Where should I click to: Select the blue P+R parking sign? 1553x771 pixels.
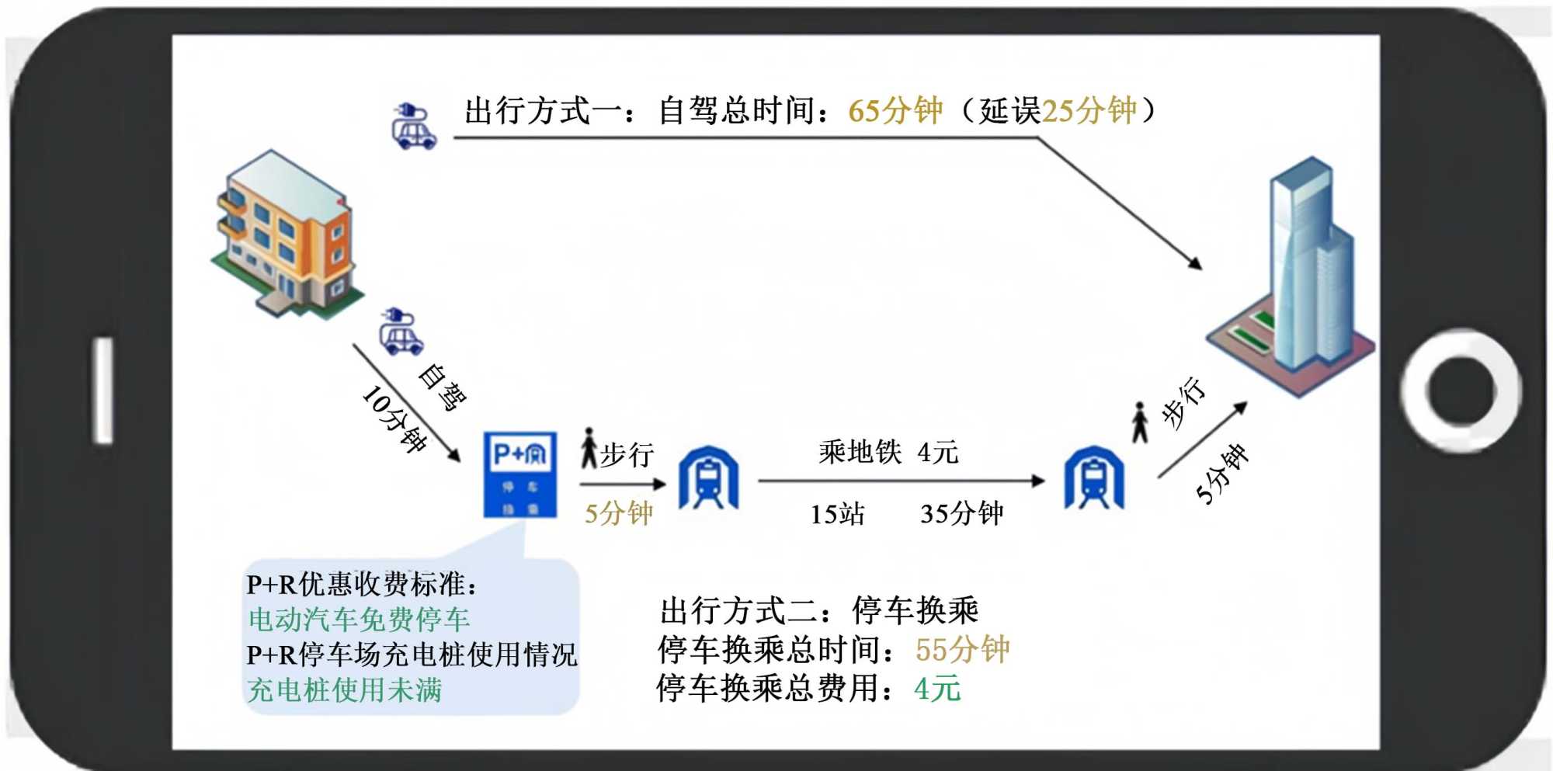(x=520, y=474)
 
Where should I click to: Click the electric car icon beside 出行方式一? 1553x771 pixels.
(x=414, y=126)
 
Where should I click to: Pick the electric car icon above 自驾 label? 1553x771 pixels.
(x=401, y=332)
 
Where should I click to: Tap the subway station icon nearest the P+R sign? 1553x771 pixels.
(x=708, y=478)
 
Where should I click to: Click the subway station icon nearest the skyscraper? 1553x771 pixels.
(x=1093, y=478)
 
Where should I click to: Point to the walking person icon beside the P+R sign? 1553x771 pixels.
(x=589, y=448)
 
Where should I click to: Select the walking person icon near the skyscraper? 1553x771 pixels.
(x=1139, y=422)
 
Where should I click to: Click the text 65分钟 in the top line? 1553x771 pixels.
(x=895, y=111)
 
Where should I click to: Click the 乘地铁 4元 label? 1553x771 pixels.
(x=888, y=452)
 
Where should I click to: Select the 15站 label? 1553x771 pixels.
(x=837, y=514)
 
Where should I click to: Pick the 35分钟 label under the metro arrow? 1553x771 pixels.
(x=961, y=514)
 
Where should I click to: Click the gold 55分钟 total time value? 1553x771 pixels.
(x=962, y=650)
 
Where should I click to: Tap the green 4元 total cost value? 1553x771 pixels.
(x=937, y=689)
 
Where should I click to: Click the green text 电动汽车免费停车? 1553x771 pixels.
(x=359, y=620)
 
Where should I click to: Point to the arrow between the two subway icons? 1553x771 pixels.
(x=901, y=481)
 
